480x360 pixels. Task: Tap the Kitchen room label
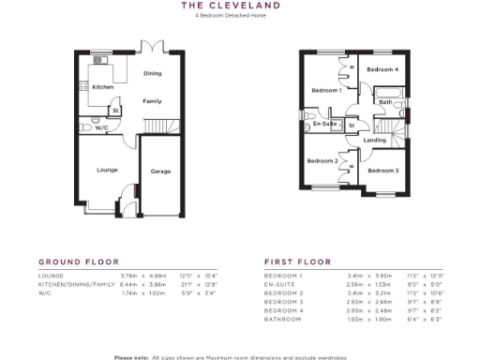103,86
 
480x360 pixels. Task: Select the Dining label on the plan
152,73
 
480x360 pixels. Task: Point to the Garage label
160,172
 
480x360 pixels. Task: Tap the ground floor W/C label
101,127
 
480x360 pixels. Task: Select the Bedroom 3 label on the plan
382,171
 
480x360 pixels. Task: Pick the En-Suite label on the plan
324,123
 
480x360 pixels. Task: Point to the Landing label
375,141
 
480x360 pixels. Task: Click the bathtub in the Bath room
385,93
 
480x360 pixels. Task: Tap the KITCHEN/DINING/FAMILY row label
70,284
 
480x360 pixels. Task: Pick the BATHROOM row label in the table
284,320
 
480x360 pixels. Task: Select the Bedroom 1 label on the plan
325,90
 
